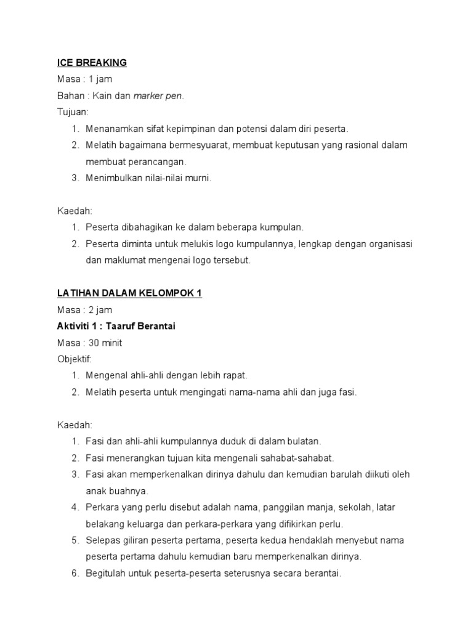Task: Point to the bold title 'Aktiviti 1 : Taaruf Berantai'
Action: [116, 326]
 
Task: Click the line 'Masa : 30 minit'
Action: [89, 343]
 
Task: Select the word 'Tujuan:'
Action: [73, 112]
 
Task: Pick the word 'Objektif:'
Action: [75, 359]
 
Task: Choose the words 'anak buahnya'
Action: [117, 491]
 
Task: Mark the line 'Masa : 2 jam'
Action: [85, 310]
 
